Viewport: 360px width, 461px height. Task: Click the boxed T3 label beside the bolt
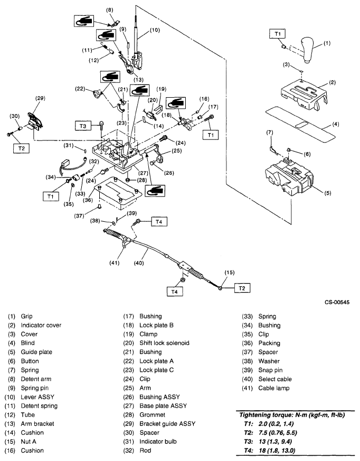pos(82,126)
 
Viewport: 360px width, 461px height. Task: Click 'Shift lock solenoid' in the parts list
pos(164,343)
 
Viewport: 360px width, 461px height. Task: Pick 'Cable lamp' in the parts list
pos(273,388)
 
